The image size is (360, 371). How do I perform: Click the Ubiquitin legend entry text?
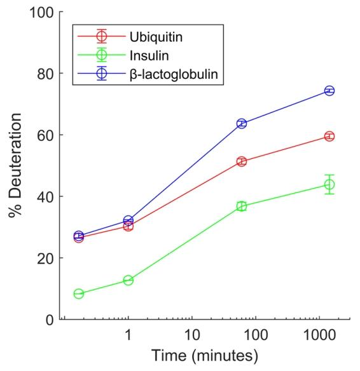pos(156,37)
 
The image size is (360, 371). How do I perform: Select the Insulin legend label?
pos(149,56)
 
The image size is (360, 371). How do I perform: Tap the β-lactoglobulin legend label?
pos(174,74)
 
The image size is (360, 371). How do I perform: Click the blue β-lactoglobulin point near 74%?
pos(329,91)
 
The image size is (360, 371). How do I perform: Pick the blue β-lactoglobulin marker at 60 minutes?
pos(242,123)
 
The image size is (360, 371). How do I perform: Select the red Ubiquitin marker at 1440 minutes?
pos(329,137)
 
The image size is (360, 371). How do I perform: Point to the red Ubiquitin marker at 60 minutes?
pos(242,161)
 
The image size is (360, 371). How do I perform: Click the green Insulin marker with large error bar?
pos(329,185)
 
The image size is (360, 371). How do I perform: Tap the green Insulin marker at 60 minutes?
pos(242,206)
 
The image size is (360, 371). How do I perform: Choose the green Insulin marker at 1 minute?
pos(128,280)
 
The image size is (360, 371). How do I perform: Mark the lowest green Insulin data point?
pos(79,294)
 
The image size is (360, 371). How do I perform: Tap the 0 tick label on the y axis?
pos(50,320)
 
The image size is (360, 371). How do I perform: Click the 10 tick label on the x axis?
pos(192,335)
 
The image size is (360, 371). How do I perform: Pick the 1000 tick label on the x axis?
pos(319,335)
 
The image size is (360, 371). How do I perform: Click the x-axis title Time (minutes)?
pos(205,356)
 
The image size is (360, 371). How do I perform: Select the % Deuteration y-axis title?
pos(15,165)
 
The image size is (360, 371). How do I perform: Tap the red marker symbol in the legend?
pos(102,36)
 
